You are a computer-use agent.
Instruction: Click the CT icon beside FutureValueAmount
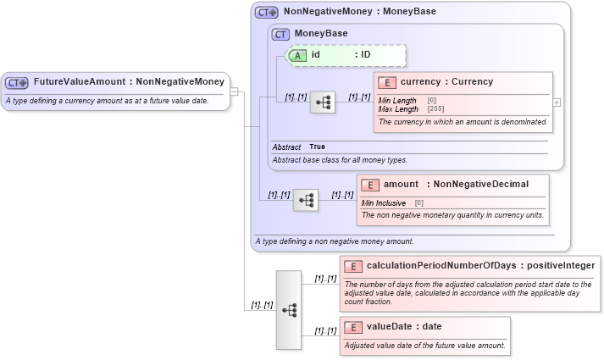17,83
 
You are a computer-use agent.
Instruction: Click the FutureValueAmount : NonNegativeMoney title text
129,82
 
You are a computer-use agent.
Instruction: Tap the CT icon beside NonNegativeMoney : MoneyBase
267,13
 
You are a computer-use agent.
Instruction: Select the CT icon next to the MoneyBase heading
280,34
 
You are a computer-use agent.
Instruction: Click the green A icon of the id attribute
298,55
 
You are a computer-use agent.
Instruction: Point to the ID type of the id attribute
362,55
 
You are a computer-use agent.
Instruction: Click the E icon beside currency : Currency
388,82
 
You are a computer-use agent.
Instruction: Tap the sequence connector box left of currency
323,102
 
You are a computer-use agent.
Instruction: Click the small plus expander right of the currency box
557,102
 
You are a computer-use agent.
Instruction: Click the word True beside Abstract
317,147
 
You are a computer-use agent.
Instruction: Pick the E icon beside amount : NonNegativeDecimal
371,185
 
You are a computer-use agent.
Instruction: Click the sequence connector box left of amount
306,200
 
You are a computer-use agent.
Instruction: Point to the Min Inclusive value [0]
418,203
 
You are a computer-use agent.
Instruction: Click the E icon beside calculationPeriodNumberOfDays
354,266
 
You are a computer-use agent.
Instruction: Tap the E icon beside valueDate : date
354,327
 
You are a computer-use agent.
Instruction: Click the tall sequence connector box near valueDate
289,310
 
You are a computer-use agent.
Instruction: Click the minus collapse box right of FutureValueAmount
235,92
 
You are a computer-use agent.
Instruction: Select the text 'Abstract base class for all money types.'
339,159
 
